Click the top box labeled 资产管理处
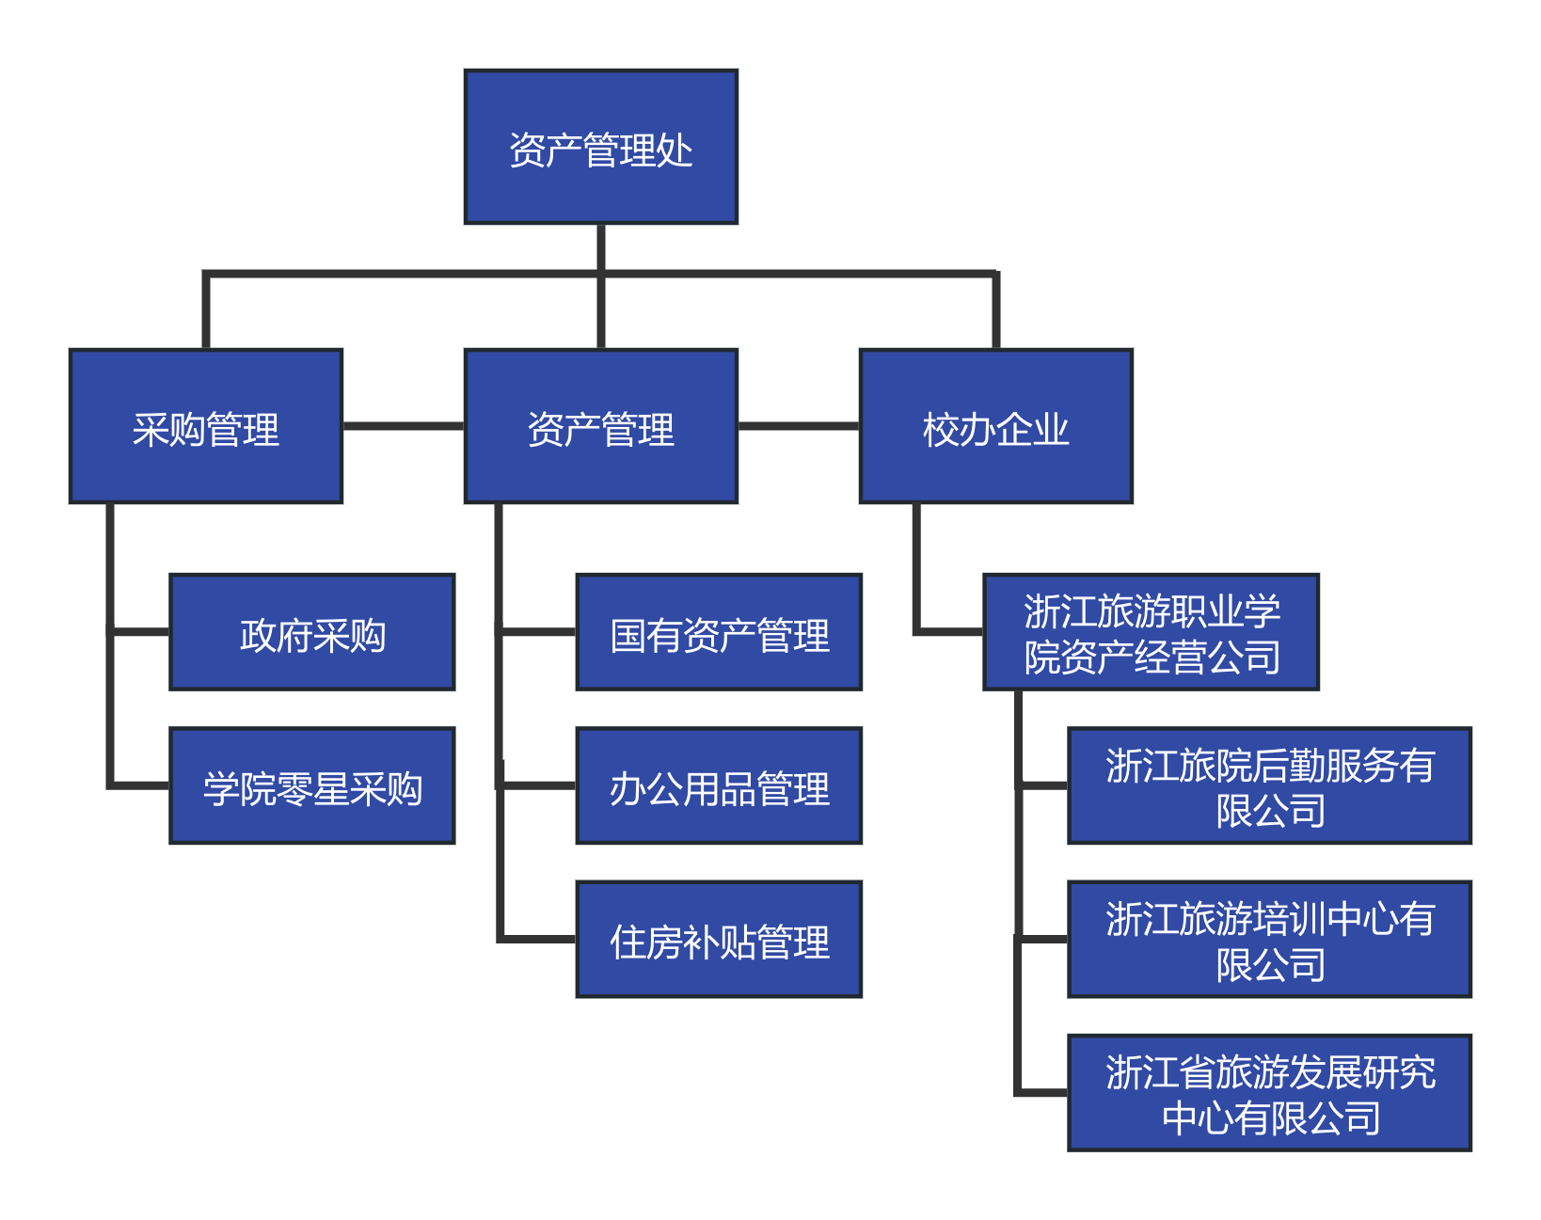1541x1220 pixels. coord(601,147)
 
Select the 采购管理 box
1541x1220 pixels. coord(206,426)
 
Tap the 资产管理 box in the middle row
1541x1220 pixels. coord(601,426)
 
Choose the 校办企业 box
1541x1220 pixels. coord(996,426)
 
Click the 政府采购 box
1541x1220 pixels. coord(312,632)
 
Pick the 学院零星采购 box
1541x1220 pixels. coord(312,785)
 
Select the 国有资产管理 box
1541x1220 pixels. coord(719,632)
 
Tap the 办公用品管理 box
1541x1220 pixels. coord(719,785)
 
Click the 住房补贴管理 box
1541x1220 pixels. coord(719,940)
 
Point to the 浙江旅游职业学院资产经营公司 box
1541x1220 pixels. coord(1152,632)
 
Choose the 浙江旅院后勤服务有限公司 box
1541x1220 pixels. coord(1270,785)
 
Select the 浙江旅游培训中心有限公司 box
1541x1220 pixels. coord(1270,940)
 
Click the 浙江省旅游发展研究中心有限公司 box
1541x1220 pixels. coord(1270,1093)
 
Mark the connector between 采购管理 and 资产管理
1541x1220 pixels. coord(404,426)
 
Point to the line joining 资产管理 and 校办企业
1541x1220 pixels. coord(799,426)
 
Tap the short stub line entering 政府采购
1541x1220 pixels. coord(139,631)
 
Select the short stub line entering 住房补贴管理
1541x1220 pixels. coord(538,939)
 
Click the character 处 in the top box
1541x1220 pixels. coord(674,151)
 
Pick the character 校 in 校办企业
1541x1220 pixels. coord(941,430)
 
